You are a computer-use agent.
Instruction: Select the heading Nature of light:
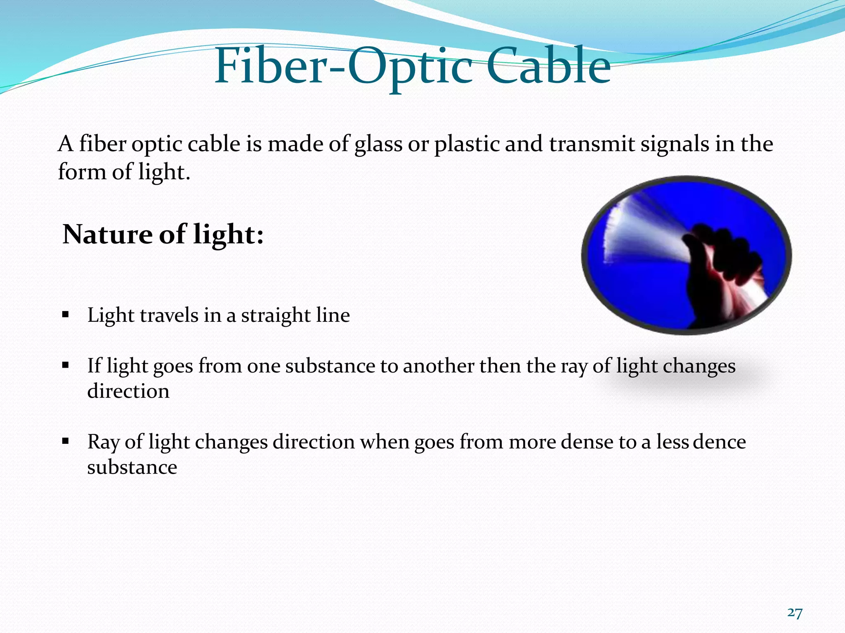[163, 234]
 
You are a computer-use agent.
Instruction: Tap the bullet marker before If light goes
[65, 366]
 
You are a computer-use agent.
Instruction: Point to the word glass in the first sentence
[378, 145]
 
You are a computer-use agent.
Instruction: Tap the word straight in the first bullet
[276, 316]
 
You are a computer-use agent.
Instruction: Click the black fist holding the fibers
[718, 264]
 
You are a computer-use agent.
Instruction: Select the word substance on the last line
[132, 467]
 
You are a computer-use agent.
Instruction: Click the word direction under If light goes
[128, 391]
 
